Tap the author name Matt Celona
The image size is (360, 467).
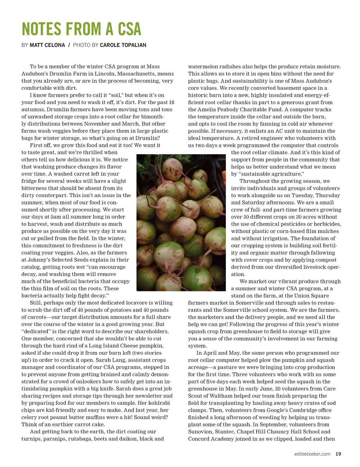point(47,45)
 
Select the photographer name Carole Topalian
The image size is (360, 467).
point(123,45)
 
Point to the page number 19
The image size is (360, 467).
point(338,454)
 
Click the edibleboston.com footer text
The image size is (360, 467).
point(312,454)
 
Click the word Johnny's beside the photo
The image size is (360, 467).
point(38,260)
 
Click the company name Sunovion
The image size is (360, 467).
point(200,431)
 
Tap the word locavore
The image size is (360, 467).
point(121,303)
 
